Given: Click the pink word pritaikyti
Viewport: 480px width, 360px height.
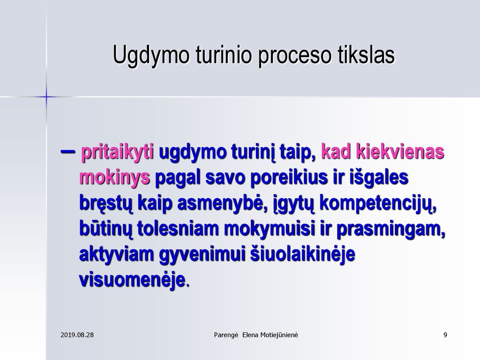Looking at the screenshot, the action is tap(117, 152).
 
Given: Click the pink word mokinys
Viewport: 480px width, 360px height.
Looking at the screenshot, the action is tap(114, 178).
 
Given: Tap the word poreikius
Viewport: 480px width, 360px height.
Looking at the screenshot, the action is tap(289, 178).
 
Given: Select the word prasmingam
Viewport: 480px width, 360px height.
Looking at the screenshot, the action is tap(391, 229).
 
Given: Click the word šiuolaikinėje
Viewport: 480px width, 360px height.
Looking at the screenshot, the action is tap(303, 255).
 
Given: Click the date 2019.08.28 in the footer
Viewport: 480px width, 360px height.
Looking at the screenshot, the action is tap(77, 335).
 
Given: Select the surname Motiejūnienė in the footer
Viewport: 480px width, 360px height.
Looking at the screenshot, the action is tap(279, 335).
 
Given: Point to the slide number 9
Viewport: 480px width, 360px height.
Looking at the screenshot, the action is tap(445, 335).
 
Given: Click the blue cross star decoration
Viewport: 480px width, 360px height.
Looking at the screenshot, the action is tap(46, 97).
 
